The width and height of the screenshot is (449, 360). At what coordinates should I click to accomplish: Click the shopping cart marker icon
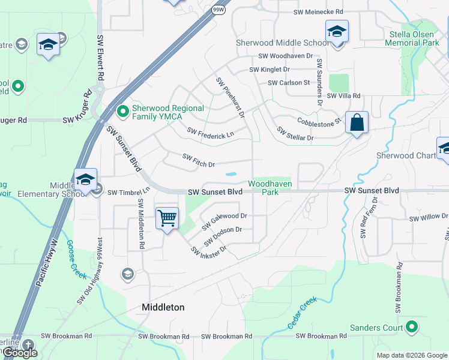(166, 217)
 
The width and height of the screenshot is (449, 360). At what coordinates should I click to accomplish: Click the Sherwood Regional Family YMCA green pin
(123, 111)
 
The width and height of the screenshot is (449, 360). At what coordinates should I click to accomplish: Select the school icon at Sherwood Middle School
(337, 31)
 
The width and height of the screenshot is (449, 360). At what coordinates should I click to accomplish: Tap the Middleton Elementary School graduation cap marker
(85, 179)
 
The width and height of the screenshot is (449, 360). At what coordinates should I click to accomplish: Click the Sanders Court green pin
(411, 327)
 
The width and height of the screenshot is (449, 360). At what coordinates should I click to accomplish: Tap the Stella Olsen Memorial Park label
(414, 39)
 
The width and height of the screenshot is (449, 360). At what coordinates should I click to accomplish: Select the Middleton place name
(163, 307)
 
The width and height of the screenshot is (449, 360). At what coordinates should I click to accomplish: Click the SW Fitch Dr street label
(198, 160)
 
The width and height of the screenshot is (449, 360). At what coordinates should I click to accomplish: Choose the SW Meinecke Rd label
(318, 12)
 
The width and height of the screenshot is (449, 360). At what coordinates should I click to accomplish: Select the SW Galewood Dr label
(224, 221)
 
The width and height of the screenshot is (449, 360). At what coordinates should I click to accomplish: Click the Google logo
(20, 353)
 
